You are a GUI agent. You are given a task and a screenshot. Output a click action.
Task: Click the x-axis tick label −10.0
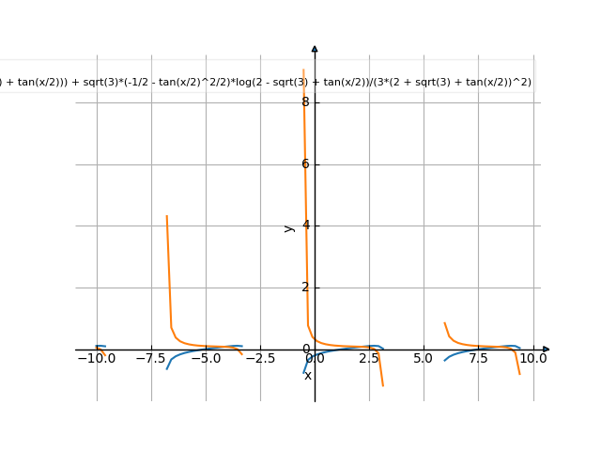(97, 359)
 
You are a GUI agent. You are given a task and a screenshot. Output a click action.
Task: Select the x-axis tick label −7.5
(152, 359)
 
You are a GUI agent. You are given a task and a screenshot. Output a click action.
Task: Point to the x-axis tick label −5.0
(207, 359)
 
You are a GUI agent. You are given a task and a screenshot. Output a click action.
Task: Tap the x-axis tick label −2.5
(261, 359)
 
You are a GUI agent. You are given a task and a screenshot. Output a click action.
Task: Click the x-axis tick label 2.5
(369, 359)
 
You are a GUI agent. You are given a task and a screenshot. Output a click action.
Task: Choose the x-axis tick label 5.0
(424, 359)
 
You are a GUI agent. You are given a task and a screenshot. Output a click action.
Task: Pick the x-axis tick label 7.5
(478, 359)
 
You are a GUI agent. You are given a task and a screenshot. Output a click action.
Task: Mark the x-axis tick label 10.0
(533, 359)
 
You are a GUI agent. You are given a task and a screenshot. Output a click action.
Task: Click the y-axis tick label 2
(306, 288)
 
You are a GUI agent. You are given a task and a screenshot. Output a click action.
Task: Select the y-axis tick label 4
(306, 225)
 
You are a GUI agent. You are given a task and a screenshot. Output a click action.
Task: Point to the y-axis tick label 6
(306, 164)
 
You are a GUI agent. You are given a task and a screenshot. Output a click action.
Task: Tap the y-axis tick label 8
(306, 102)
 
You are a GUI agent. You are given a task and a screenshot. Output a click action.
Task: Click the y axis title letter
(289, 227)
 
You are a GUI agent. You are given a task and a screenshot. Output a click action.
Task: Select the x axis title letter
(308, 376)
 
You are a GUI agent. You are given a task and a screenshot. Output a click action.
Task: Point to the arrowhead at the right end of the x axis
(547, 350)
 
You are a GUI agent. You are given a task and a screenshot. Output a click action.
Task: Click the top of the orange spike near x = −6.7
(167, 216)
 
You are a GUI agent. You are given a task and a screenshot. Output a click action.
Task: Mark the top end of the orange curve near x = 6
(445, 322)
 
